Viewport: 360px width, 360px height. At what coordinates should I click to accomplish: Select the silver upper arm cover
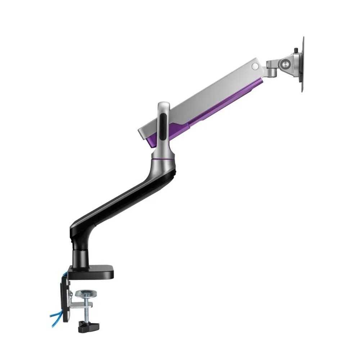coord(202,94)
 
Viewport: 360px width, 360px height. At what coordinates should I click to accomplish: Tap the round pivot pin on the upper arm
coord(255,66)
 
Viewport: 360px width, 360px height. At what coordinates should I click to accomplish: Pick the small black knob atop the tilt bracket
coord(296,50)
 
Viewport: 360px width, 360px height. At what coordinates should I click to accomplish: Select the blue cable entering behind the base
coord(65,275)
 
